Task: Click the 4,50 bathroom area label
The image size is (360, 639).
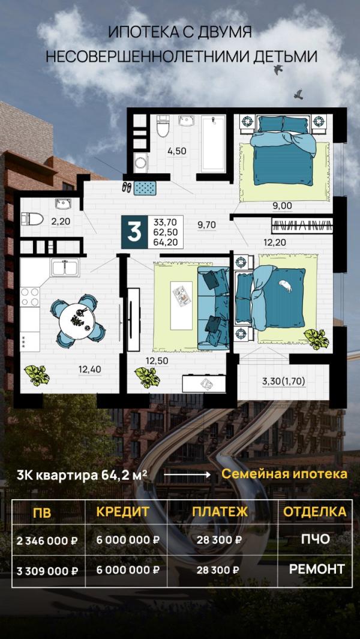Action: pyautogui.click(x=176, y=151)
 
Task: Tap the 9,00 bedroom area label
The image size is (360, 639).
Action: pyautogui.click(x=282, y=206)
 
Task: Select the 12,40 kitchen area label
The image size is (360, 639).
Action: pyautogui.click(x=89, y=369)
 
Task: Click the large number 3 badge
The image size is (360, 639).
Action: pyautogui.click(x=134, y=232)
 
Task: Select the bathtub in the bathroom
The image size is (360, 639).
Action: pyautogui.click(x=213, y=143)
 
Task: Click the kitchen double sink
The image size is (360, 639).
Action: pyautogui.click(x=65, y=267)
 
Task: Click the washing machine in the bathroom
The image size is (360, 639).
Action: pyautogui.click(x=140, y=162)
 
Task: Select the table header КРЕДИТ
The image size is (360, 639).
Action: pyautogui.click(x=122, y=511)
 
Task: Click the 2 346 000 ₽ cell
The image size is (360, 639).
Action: pyautogui.click(x=48, y=540)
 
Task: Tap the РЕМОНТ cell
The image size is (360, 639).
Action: pyautogui.click(x=317, y=569)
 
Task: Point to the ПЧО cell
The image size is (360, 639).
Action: pyautogui.click(x=315, y=539)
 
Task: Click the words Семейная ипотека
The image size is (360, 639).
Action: pyautogui.click(x=284, y=473)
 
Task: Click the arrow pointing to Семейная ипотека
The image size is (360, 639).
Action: pyautogui.click(x=186, y=474)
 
